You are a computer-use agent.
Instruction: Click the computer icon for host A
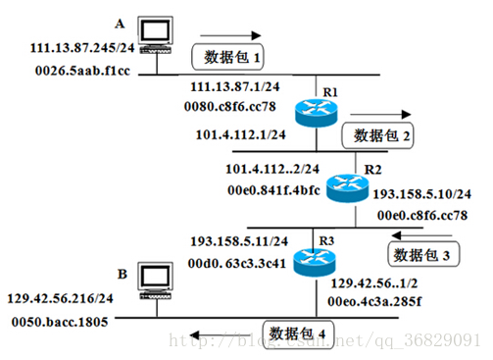click(x=156, y=34)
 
